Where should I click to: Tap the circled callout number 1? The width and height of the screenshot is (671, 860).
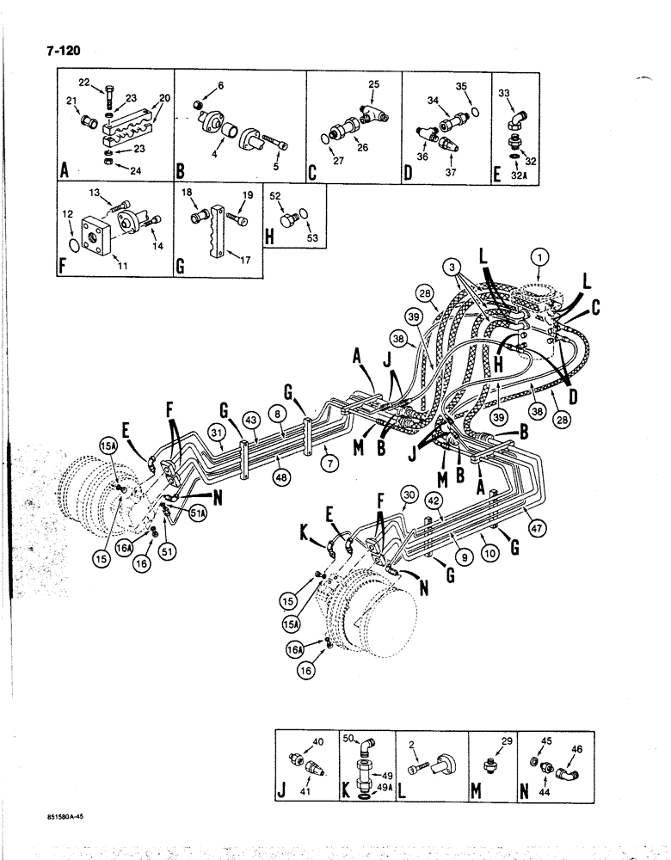(x=539, y=256)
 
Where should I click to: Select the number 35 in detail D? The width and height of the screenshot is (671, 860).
(x=460, y=87)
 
